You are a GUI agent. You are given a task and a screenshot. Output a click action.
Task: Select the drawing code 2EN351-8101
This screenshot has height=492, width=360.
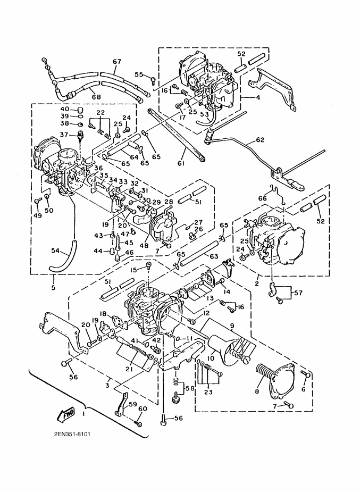click(x=72, y=433)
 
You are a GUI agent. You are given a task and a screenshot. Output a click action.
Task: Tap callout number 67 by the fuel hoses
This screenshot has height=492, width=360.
click(x=117, y=62)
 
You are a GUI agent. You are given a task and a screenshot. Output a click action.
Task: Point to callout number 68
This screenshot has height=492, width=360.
click(x=95, y=96)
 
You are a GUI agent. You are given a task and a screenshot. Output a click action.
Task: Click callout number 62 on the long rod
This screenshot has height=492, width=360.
click(x=259, y=141)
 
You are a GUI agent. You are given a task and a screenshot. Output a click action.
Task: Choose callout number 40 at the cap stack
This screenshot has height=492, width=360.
click(x=64, y=109)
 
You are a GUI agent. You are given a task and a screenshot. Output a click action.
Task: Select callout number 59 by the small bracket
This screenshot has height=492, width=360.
click(x=133, y=404)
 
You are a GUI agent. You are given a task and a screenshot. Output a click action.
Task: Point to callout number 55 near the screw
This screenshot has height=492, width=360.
click(x=139, y=75)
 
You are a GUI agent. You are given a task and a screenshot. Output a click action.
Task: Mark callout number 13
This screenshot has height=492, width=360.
click(x=211, y=298)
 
